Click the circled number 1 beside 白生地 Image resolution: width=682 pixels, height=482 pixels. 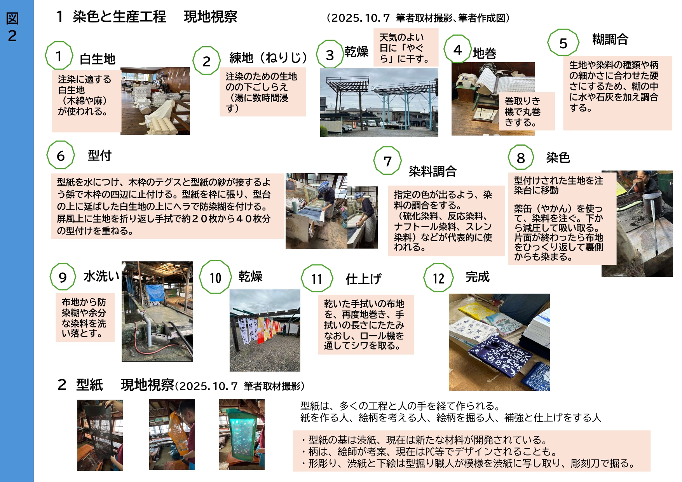(x=59, y=56)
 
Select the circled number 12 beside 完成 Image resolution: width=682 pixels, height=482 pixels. (x=439, y=278)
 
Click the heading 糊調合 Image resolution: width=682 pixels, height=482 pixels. (x=610, y=39)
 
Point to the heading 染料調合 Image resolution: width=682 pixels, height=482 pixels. (x=433, y=171)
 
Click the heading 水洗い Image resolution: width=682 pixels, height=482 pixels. (x=101, y=276)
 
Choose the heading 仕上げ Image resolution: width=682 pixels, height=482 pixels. (x=364, y=279)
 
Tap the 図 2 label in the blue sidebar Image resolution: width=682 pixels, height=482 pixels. (x=12, y=27)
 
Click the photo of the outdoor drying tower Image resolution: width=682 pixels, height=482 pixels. (x=379, y=103)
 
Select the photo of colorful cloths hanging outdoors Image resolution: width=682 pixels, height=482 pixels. (x=265, y=330)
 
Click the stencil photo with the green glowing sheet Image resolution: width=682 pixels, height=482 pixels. (x=242, y=434)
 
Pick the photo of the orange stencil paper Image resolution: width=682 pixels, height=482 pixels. (x=172, y=434)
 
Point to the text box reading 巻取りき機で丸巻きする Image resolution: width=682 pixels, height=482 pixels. (x=527, y=111)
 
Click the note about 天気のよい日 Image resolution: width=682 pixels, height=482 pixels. (x=406, y=47)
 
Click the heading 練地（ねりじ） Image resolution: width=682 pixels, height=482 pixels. (x=268, y=57)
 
